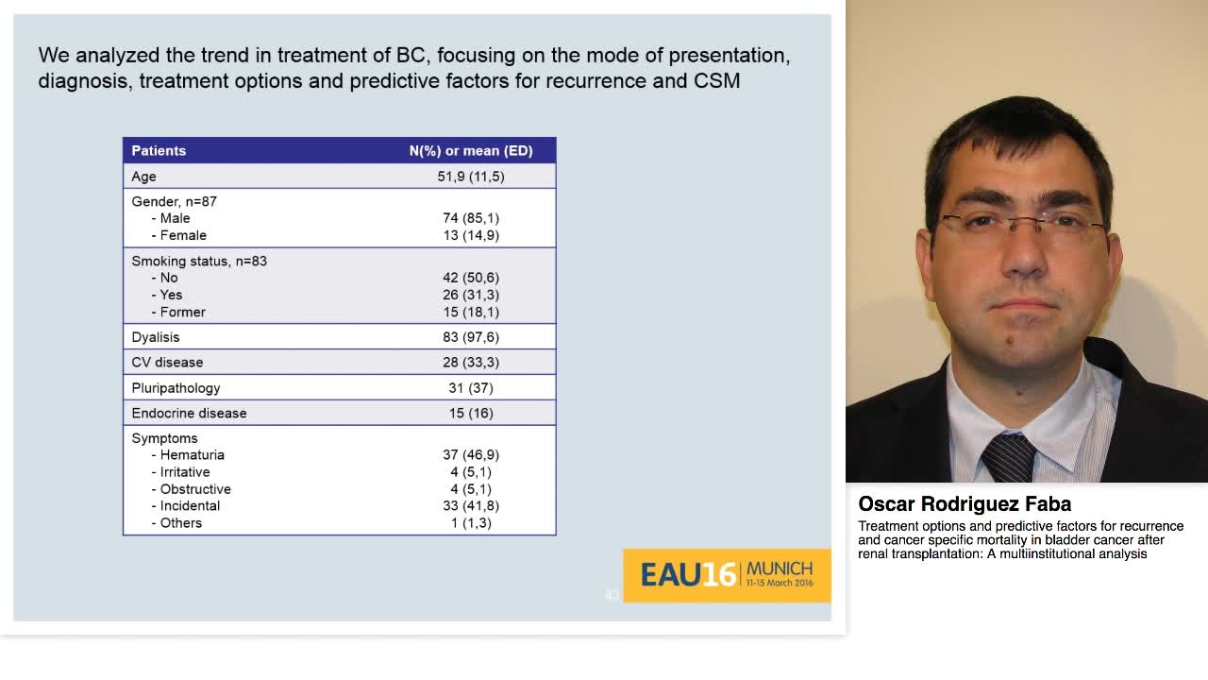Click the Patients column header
tap(159, 151)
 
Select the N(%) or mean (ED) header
tap(471, 151)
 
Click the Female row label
tap(183, 235)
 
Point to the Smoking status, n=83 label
tap(199, 261)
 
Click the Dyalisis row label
tap(156, 337)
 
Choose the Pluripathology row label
tap(176, 388)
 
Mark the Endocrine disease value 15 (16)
tap(471, 414)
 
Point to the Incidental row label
tap(190, 506)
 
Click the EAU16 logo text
tap(688, 575)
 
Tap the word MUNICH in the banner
tap(780, 569)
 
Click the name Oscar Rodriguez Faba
tap(965, 504)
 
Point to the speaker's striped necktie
tap(1008, 458)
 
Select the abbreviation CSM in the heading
tap(716, 81)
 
